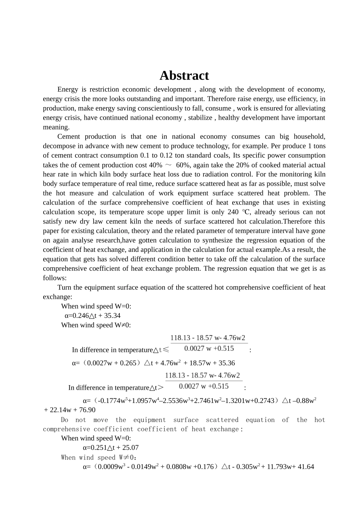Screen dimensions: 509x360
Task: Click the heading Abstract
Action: point(184,75)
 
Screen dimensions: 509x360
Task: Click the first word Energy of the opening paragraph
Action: point(67,89)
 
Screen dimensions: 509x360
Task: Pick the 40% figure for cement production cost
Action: point(155,165)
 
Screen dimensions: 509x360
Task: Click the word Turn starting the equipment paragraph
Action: point(65,287)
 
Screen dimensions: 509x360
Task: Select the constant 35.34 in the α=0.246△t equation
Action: point(113,315)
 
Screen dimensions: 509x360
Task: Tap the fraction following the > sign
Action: point(203,381)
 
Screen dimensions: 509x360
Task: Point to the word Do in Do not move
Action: point(65,420)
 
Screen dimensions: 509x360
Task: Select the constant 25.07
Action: point(131,447)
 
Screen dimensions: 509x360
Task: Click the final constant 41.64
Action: point(306,467)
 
